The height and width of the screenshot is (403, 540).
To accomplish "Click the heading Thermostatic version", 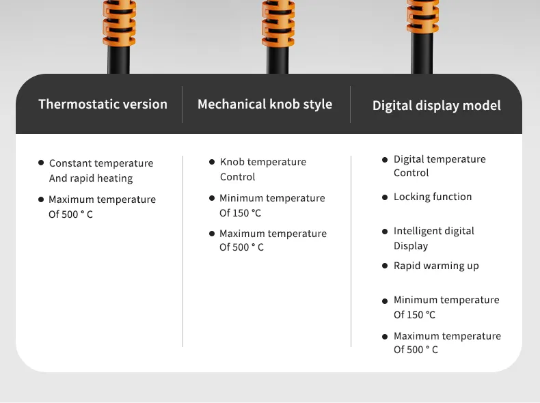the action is pos(103,104).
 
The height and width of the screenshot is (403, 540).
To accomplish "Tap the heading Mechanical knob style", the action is pos(265,105).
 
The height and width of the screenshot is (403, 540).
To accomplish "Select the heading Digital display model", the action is pos(436,106).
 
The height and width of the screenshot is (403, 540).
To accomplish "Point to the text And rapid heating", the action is pos(91,178).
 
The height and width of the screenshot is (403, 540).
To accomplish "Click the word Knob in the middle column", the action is pos(232,162).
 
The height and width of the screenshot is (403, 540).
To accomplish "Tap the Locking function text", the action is pos(433,197).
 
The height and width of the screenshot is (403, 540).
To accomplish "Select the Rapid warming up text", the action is pos(436,266).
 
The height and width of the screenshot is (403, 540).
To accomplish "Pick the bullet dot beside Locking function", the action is pos(385,197).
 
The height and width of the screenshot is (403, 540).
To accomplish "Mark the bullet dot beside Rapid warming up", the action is pos(385,266).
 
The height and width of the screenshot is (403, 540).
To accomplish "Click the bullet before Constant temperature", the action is pos(41,163).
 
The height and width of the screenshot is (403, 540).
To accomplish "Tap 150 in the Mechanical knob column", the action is pos(241,213).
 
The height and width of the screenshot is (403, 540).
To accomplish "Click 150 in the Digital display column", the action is pos(416,315).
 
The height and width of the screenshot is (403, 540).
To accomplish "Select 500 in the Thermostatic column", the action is pos(70,214).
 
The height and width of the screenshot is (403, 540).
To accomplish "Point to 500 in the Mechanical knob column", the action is pos(241,247).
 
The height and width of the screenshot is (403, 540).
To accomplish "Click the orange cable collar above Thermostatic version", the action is pos(119,23).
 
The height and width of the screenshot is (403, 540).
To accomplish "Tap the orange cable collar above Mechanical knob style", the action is pos(278,23).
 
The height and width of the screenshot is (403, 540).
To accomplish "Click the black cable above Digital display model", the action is pos(422,53).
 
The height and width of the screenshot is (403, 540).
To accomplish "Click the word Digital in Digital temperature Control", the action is pos(410,159).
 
